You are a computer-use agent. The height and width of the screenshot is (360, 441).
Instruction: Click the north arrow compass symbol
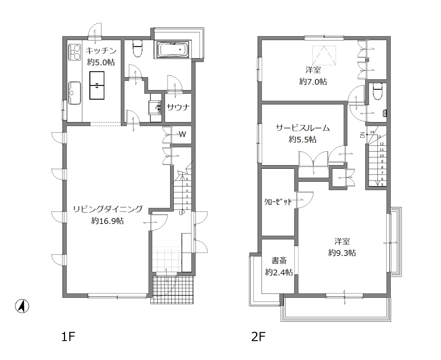22,306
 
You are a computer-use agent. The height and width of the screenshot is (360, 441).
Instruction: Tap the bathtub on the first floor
173,49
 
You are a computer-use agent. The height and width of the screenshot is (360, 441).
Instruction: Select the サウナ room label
178,107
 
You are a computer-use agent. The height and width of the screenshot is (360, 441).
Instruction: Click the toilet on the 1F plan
137,48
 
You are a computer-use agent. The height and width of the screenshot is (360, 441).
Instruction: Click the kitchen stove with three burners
75,52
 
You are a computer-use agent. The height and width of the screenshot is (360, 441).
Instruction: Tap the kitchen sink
75,93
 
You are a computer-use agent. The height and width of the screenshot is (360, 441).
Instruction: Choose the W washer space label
182,134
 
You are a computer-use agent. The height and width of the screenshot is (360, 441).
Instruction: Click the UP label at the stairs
182,213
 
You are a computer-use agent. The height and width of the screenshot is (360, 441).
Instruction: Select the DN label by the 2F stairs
362,135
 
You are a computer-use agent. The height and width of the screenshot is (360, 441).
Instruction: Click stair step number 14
372,132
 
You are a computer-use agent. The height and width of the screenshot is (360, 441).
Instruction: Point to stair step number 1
187,208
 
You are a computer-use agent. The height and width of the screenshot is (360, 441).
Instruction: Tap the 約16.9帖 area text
107,221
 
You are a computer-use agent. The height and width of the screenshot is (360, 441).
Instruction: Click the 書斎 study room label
279,260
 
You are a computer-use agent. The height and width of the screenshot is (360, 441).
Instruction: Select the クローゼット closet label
278,202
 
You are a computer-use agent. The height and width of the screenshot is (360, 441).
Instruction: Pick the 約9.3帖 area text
342,253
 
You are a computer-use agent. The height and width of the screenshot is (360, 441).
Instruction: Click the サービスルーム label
302,128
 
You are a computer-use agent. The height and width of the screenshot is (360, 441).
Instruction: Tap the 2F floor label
258,337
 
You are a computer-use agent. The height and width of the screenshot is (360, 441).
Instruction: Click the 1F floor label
68,337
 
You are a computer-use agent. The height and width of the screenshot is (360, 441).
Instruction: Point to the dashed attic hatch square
324,56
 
